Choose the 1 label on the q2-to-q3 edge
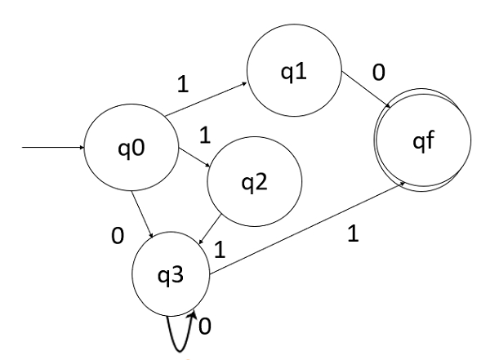coord(219,249)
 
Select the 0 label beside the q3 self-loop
coord(205,327)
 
